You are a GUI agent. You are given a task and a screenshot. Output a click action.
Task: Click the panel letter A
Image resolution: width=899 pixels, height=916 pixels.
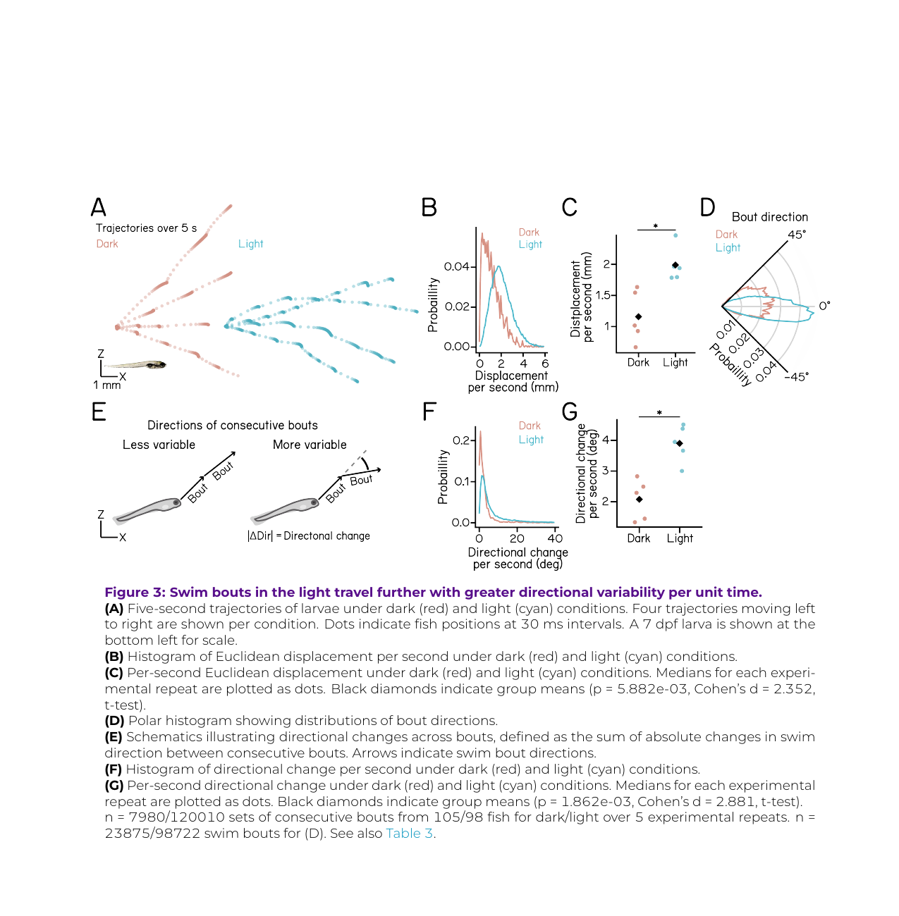[99, 207]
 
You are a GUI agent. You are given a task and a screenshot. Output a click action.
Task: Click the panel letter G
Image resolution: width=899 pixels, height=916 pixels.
[570, 411]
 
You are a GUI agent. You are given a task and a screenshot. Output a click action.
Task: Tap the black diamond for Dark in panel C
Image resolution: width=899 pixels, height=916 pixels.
[639, 317]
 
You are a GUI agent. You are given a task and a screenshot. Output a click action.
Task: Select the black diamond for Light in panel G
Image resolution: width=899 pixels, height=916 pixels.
[679, 443]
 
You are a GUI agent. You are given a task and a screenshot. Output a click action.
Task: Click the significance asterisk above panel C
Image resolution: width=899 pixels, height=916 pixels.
[656, 226]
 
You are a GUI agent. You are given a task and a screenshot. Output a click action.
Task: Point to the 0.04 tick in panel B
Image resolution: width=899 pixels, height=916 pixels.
[456, 266]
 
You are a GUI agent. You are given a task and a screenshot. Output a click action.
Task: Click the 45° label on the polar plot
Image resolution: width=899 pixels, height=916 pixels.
[797, 235]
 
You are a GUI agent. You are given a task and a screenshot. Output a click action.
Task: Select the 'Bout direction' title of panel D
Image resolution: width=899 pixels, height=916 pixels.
[769, 217]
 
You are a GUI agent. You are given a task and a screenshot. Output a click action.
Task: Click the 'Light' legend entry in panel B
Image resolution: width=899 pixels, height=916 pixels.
[530, 245]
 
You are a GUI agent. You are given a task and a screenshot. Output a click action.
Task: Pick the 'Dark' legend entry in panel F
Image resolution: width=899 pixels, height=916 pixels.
[530, 426]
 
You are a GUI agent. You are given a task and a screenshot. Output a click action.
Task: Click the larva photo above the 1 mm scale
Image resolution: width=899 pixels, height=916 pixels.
[137, 365]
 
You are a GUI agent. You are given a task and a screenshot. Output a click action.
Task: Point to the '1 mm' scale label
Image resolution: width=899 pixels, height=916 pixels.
[107, 385]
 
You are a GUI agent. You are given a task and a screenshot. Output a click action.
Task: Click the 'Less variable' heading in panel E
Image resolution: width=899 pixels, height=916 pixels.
[159, 445]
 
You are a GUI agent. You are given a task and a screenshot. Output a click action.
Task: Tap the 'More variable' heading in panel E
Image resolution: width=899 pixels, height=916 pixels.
[310, 445]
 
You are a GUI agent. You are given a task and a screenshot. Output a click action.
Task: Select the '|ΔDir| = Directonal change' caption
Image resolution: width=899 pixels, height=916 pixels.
[309, 536]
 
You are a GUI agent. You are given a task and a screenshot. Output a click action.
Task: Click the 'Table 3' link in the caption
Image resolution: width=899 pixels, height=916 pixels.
[409, 834]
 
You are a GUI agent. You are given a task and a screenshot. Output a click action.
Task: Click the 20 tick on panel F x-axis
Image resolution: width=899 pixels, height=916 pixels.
[517, 538]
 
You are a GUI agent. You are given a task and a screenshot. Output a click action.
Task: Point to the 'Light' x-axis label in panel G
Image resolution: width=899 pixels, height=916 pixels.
[680, 538]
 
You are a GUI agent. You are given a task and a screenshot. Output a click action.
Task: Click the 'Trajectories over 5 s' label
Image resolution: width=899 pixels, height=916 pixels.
[146, 228]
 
